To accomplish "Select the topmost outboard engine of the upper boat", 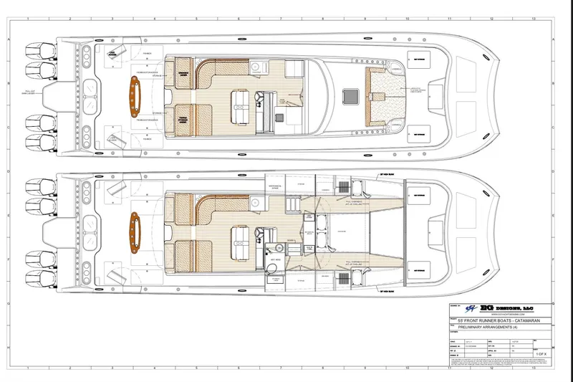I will coord(37,52).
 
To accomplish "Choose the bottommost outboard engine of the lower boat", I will coord(37,276).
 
